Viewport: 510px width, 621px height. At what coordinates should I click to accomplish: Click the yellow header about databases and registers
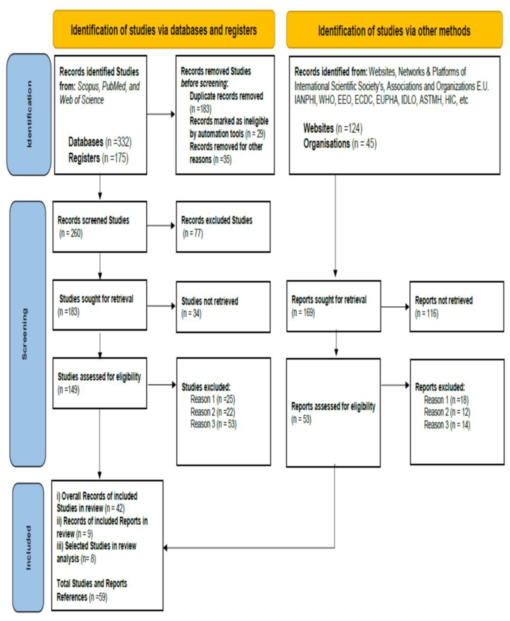tap(164, 30)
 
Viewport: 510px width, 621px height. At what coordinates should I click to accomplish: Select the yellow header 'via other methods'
tap(394, 30)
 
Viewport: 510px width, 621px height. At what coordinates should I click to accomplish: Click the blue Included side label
tap(28, 548)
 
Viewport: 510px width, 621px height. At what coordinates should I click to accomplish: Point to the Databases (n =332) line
tap(100, 142)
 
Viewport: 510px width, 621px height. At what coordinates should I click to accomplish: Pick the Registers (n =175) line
tap(98, 158)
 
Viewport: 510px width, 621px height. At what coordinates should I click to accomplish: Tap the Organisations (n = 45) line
tap(340, 144)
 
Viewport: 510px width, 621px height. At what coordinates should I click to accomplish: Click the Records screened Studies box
tap(100, 227)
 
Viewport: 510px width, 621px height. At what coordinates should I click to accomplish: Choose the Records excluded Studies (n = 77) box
tap(223, 227)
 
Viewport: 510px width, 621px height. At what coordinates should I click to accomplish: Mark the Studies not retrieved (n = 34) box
tap(223, 307)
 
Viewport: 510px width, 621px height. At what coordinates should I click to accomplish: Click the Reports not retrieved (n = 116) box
tap(457, 306)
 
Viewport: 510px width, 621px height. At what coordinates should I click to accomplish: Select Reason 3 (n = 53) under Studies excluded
tap(213, 424)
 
